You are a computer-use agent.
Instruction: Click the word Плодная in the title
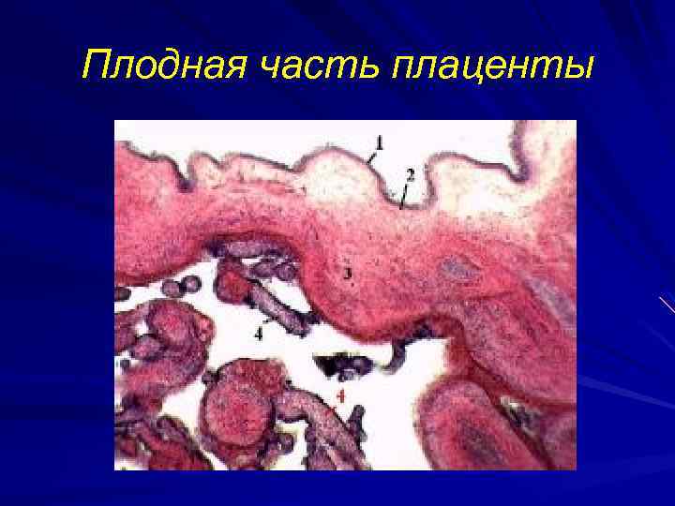[150, 66]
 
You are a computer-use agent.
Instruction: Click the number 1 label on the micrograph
[379, 143]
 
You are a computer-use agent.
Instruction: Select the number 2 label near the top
[411, 174]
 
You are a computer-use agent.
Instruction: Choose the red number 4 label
[340, 397]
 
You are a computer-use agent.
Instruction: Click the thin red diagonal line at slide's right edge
[667, 305]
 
